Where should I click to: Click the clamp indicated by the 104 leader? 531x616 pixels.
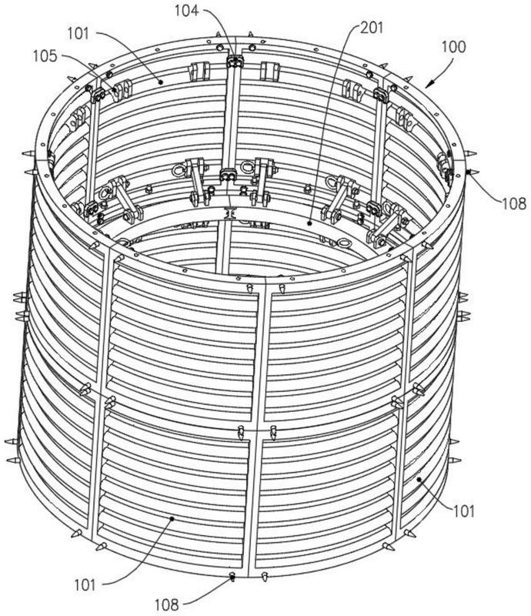coord(232,61)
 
